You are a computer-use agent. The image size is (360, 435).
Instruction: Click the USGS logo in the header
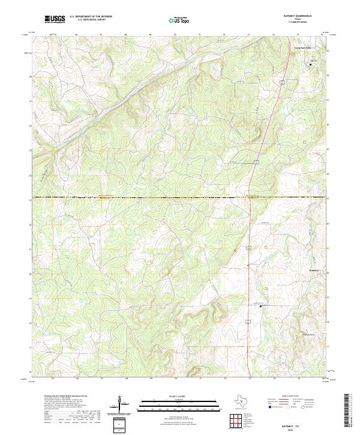(x=55, y=19)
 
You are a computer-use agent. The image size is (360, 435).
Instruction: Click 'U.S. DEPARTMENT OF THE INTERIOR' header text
(x=91, y=17)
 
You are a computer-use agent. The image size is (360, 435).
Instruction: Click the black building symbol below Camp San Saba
(x=311, y=63)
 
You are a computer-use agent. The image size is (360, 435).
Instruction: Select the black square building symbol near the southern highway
(x=262, y=306)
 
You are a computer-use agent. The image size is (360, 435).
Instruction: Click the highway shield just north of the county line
(x=255, y=162)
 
